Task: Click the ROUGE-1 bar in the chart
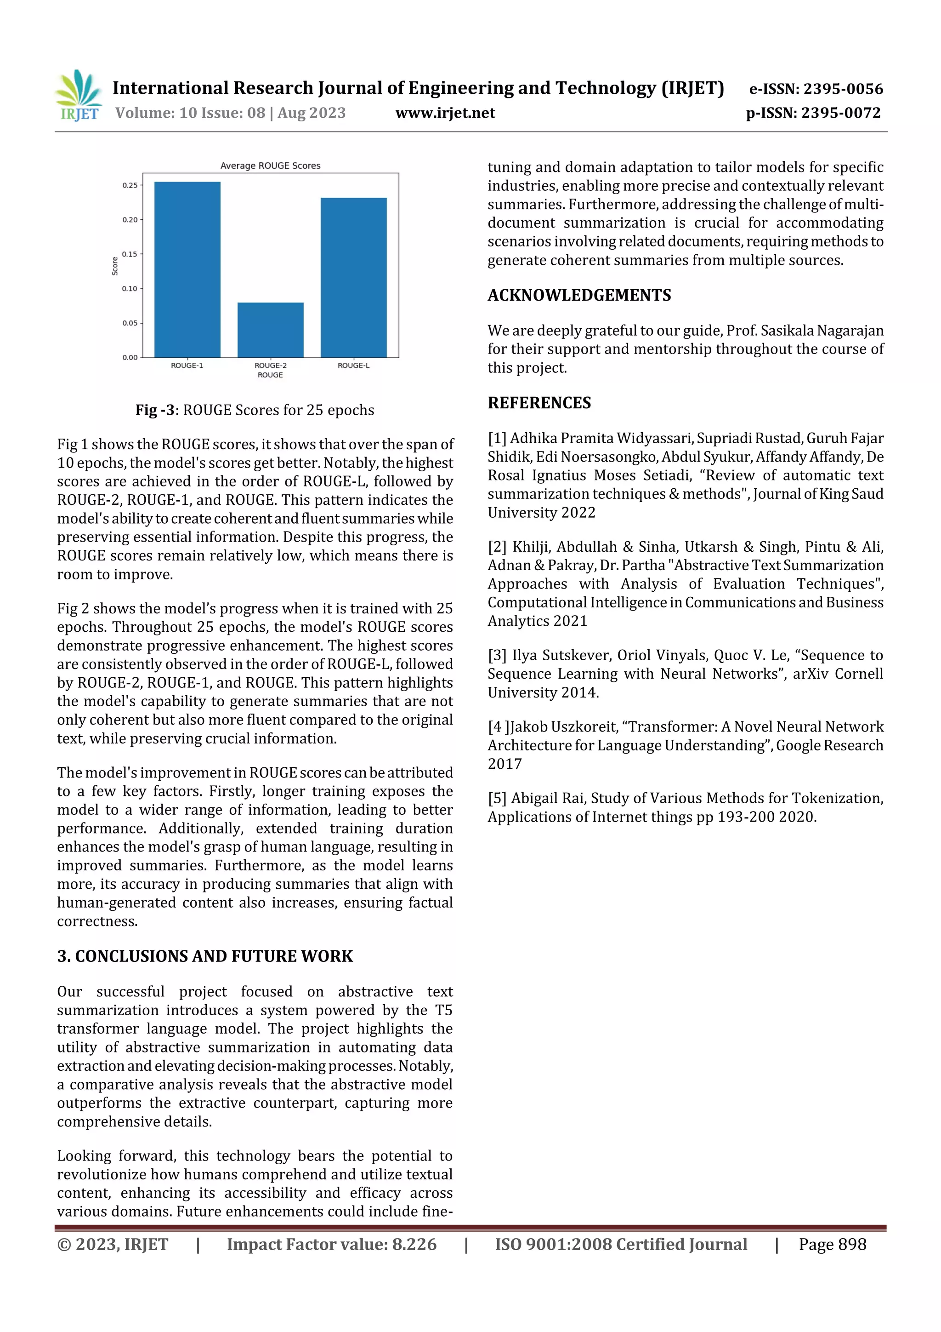pyautogui.click(x=187, y=270)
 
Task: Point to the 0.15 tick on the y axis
pyautogui.click(x=130, y=254)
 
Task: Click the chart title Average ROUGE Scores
pyautogui.click(x=270, y=166)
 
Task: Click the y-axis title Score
pyautogui.click(x=115, y=266)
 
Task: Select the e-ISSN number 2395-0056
pyautogui.click(x=843, y=89)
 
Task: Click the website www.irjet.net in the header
pyautogui.click(x=445, y=113)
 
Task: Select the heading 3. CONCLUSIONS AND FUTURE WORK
pyautogui.click(x=204, y=956)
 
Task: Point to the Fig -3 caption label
pyautogui.click(x=155, y=410)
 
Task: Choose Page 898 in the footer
pyautogui.click(x=832, y=1244)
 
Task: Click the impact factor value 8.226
pyautogui.click(x=414, y=1244)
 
